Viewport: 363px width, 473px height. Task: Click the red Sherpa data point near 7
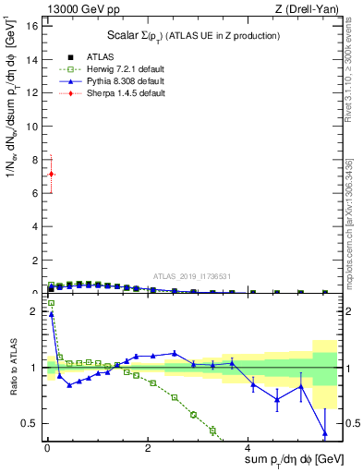(x=51, y=174)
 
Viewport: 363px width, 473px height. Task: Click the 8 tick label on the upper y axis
(x=35, y=160)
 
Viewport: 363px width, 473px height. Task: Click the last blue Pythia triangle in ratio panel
(x=324, y=432)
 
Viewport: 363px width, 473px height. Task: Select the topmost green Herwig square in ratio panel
(x=51, y=303)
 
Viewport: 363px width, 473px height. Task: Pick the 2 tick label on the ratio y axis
(x=35, y=311)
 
